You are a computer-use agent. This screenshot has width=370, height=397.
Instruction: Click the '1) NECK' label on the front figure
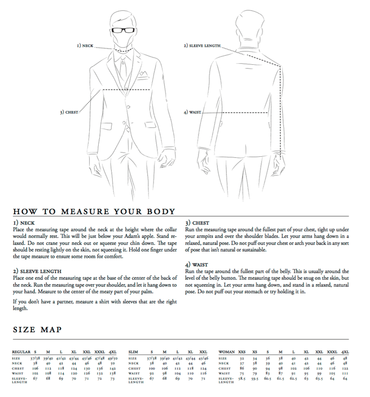pos(84,46)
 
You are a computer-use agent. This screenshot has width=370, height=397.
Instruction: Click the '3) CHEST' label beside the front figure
pos(69,112)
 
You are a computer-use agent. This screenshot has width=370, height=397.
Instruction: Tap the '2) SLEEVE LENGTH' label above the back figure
pos(201,46)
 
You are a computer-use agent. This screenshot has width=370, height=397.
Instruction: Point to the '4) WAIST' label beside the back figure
pos(192,112)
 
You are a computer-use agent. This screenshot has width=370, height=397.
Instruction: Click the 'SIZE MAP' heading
pos(37,329)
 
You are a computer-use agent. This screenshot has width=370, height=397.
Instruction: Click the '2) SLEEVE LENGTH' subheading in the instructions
pos(38,272)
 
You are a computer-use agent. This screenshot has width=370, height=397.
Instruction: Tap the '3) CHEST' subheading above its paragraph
pos(197,223)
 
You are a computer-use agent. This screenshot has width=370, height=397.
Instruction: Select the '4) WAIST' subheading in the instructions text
pos(197,264)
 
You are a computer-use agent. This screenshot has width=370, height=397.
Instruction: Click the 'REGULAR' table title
pos(21,352)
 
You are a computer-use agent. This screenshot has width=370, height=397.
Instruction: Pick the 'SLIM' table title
pos(133,352)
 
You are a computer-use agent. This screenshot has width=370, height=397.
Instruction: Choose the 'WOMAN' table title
pos(226,352)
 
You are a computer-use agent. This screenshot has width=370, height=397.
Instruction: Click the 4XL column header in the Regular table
pos(113,352)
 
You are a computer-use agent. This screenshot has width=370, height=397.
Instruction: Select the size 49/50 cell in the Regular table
pos(113,358)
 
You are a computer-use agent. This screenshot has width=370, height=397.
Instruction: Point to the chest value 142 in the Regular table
pos(113,368)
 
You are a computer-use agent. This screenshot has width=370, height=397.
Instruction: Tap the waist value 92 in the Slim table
pos(152,373)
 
